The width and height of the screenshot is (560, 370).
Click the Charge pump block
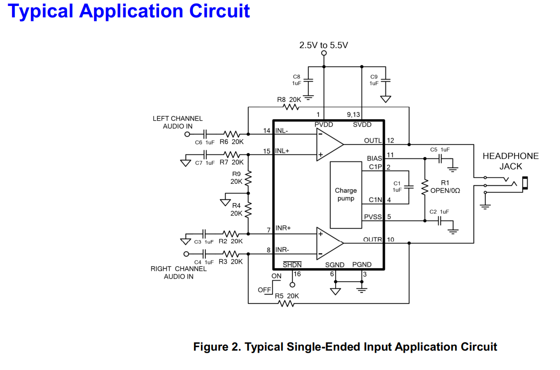pos(346,195)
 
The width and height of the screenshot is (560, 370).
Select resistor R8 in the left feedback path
pos(291,107)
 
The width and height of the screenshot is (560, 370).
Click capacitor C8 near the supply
pos(308,80)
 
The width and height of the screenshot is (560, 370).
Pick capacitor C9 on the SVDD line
pos(386,80)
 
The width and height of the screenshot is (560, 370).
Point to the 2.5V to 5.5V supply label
pos(324,45)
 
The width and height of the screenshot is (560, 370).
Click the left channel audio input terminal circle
pos(187,134)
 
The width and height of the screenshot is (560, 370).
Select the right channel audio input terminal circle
pos(186,254)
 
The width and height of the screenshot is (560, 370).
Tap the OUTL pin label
pos(373,141)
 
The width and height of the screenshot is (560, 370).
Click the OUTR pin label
pos(373,239)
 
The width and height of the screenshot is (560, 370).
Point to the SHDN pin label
pos(292,264)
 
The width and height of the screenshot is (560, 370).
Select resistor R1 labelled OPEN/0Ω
pos(425,187)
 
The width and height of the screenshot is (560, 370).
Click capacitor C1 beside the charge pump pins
pos(409,187)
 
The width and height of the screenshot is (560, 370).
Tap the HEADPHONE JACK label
pos(511,161)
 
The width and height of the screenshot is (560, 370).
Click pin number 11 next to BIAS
pos(390,155)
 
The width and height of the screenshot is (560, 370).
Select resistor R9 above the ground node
pos(248,178)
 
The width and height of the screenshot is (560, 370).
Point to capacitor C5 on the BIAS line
pos(440,158)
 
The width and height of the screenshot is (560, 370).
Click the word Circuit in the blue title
pos(219,11)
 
